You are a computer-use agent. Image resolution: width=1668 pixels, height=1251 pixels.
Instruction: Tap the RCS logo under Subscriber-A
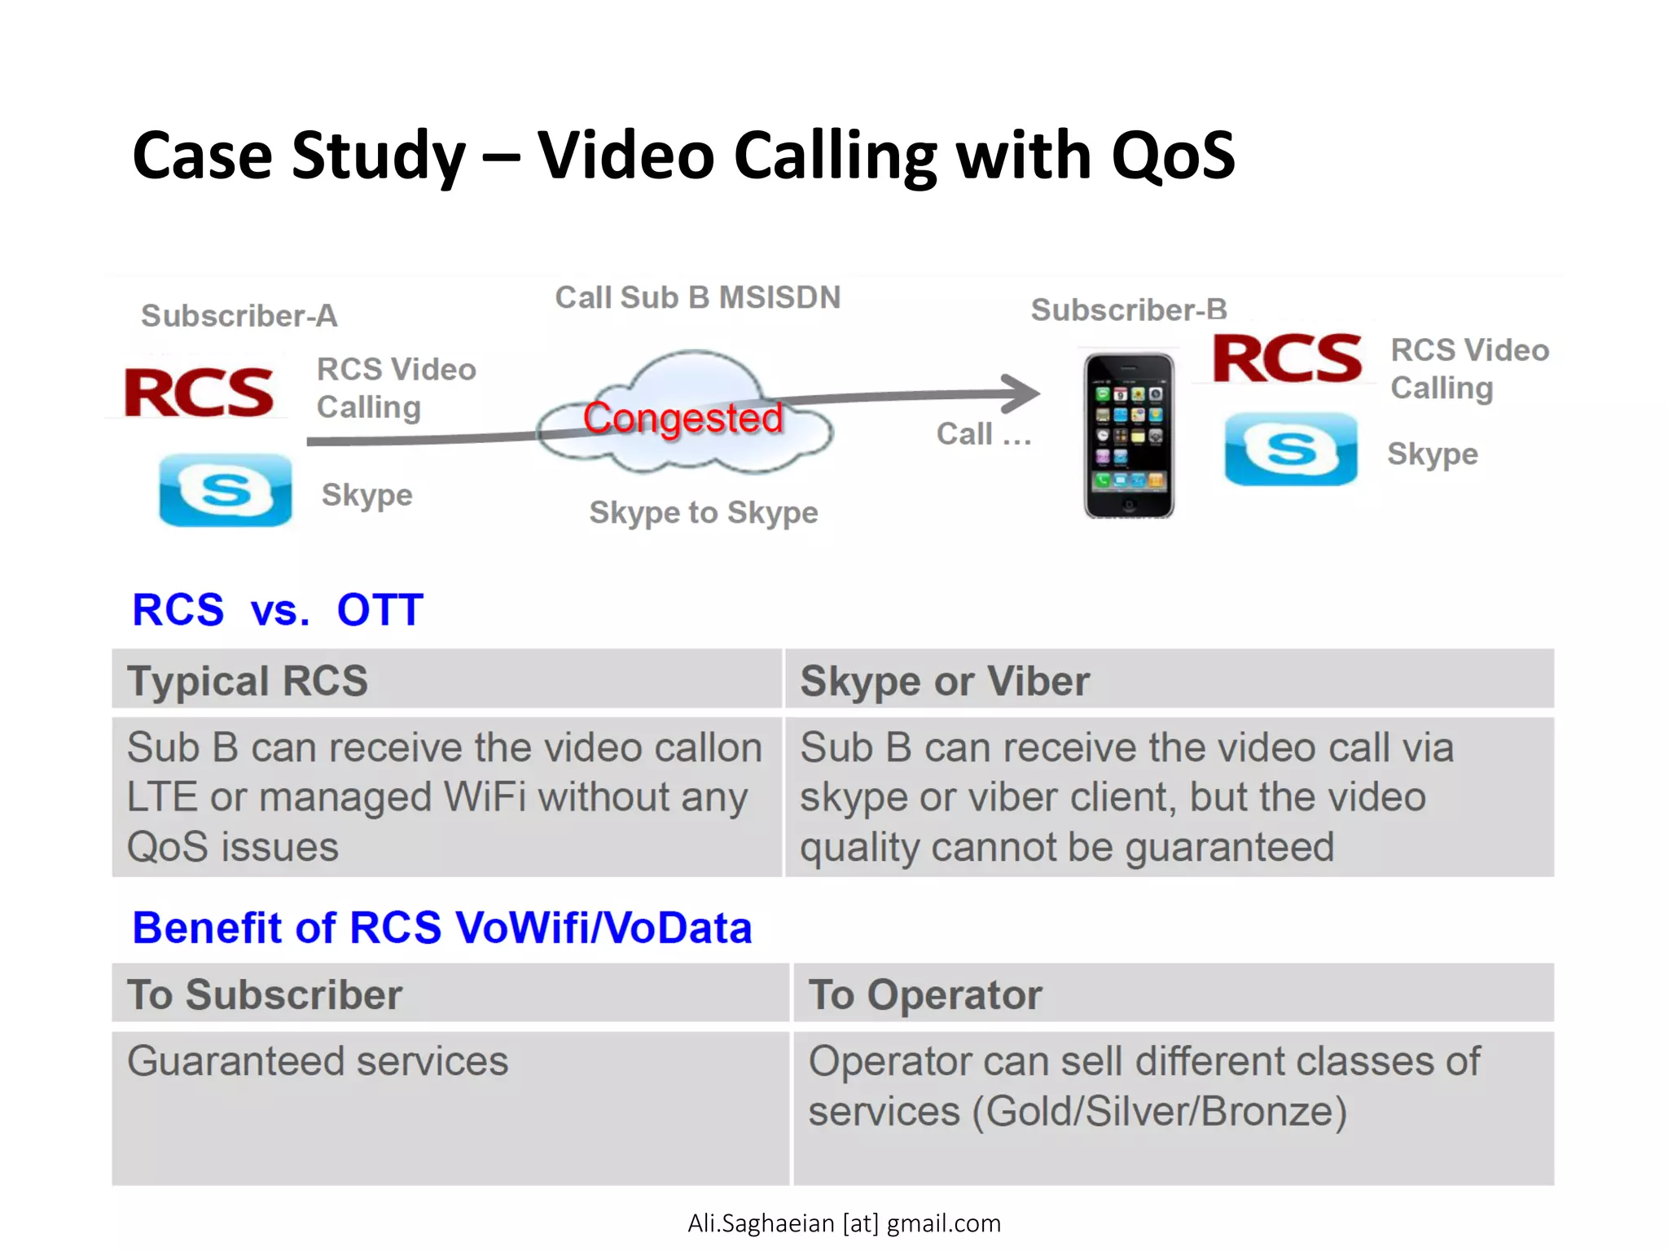click(x=200, y=393)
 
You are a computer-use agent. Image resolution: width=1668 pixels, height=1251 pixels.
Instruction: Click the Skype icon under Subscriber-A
click(x=226, y=489)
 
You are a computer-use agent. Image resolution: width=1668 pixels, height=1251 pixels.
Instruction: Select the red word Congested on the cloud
click(x=683, y=419)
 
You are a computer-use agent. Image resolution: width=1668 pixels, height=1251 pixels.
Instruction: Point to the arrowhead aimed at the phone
click(x=1022, y=393)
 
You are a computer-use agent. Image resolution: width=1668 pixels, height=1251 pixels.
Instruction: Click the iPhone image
click(x=1128, y=436)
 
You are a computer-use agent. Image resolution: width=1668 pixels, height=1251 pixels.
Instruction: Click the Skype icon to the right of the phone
click(x=1291, y=449)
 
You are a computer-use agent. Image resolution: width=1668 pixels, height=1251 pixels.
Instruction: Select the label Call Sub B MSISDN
click(x=697, y=298)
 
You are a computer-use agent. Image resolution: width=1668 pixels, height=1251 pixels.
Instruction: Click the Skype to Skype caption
click(x=704, y=513)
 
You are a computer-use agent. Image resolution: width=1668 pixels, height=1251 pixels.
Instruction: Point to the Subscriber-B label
click(x=1128, y=310)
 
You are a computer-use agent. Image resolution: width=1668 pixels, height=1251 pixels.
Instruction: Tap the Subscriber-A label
click(x=239, y=316)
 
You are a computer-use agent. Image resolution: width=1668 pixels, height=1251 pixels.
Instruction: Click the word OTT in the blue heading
click(x=380, y=610)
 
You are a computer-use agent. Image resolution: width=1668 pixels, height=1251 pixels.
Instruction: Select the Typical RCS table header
click(x=248, y=681)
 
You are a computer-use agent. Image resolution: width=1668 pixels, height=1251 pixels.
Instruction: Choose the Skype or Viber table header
click(x=944, y=681)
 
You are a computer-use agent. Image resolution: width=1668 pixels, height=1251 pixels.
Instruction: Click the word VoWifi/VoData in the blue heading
click(x=603, y=928)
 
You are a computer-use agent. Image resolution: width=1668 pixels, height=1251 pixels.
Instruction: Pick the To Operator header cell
click(x=924, y=995)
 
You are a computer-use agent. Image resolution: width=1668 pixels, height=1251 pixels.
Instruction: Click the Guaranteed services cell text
click(x=318, y=1061)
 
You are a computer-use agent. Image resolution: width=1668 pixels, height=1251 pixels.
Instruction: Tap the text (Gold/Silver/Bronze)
click(x=1160, y=1112)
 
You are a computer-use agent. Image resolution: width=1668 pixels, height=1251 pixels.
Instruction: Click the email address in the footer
click(x=844, y=1223)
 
